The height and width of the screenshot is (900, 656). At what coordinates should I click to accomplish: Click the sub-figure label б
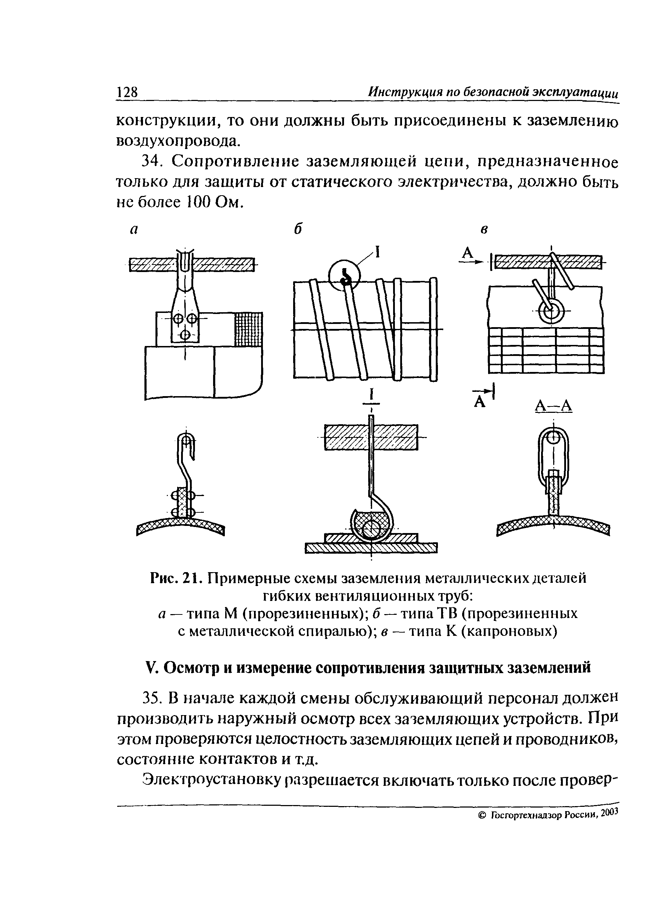(x=298, y=229)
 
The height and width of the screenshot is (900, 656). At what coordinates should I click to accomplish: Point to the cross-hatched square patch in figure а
(x=249, y=329)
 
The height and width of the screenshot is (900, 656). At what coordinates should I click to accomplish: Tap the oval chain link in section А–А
(x=553, y=456)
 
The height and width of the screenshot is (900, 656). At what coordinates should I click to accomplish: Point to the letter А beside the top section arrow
(x=469, y=253)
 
